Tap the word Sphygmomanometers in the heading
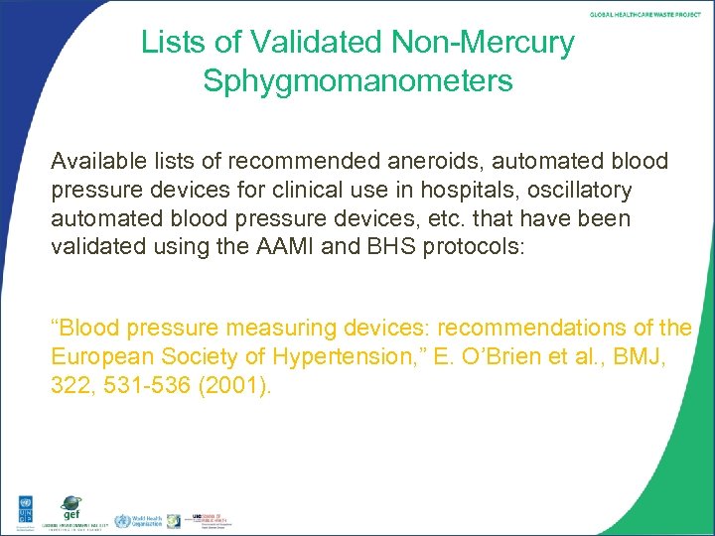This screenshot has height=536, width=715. (358, 81)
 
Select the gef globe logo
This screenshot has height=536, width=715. (71, 509)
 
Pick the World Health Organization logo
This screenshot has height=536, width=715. (136, 520)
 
